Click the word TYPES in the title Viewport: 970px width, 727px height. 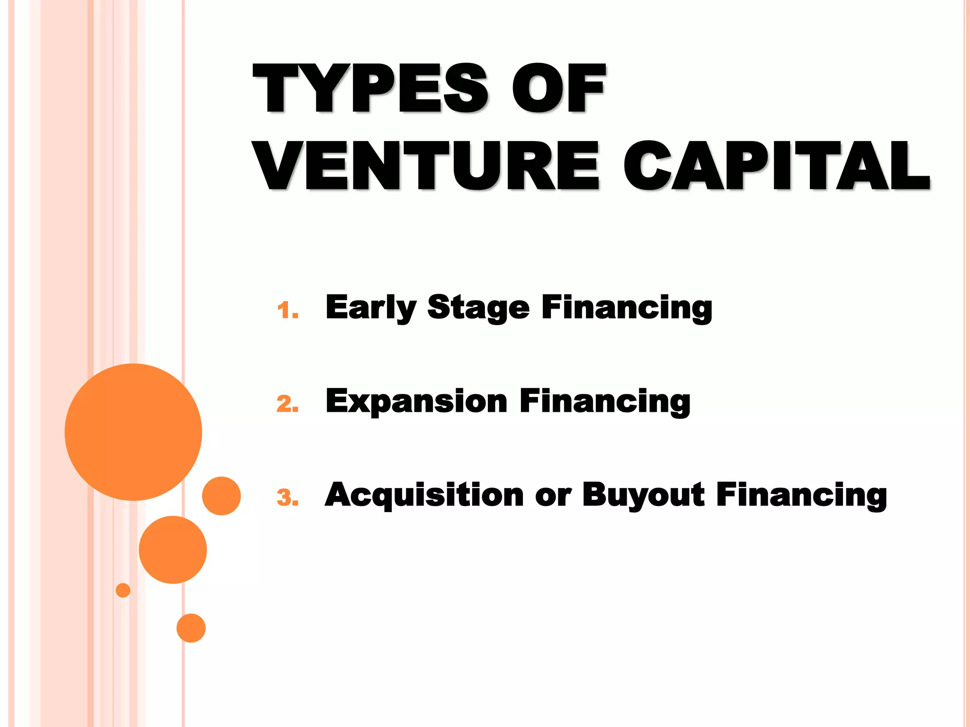[370, 89]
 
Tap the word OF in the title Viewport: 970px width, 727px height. [559, 89]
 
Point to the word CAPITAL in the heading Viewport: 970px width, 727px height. [777, 166]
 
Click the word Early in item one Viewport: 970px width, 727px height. [371, 308]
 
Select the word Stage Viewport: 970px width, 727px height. [478, 308]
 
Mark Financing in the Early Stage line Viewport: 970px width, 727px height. [627, 308]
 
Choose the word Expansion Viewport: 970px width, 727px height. [416, 401]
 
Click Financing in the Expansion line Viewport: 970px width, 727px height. [605, 401]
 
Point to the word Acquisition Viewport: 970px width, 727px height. [424, 495]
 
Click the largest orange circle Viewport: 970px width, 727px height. [134, 432]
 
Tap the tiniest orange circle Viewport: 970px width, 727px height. [123, 590]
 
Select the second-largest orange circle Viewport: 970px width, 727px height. [173, 550]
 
